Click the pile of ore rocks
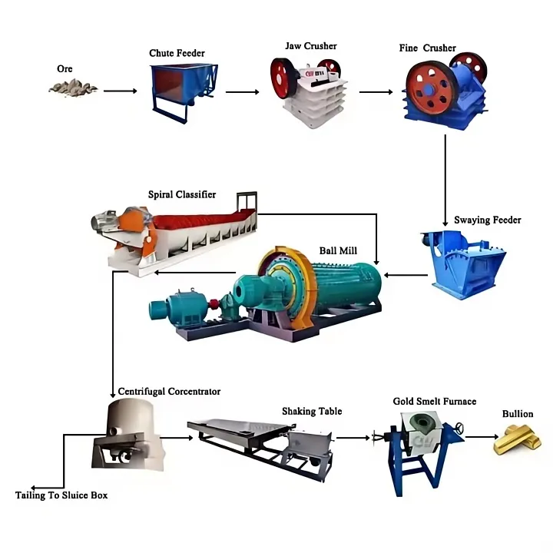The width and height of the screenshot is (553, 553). (73, 87)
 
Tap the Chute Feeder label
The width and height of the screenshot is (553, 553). (177, 53)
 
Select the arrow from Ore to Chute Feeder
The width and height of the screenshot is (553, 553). (120, 91)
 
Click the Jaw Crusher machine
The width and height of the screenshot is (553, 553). (309, 91)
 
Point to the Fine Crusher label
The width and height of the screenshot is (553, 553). (428, 48)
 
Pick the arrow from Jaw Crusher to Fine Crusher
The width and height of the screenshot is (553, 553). (376, 92)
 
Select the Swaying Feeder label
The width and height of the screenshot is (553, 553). (488, 220)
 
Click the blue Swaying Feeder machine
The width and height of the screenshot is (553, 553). (464, 263)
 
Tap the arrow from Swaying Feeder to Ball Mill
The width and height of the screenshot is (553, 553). (406, 275)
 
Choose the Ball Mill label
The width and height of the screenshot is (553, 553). (338, 250)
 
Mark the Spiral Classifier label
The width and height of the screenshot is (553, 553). (181, 194)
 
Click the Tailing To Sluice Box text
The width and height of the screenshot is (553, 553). (61, 495)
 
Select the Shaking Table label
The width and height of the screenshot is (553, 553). (312, 411)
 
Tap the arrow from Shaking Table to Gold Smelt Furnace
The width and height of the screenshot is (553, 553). (353, 438)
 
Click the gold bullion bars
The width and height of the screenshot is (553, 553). (517, 440)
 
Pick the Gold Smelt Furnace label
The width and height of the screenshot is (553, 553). (435, 402)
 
